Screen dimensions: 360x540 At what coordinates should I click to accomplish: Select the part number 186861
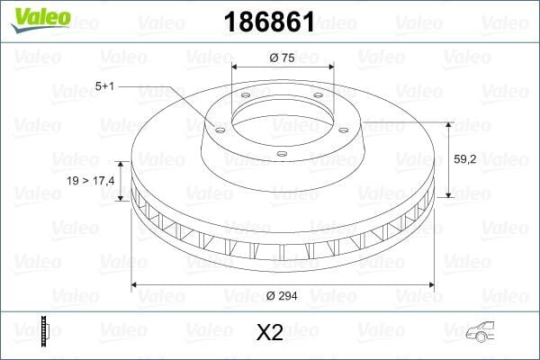[270, 21]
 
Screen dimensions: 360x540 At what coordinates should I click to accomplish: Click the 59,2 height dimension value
[465, 159]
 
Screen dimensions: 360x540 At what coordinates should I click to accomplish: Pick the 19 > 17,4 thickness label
[91, 182]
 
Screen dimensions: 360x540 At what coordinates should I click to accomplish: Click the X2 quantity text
[270, 333]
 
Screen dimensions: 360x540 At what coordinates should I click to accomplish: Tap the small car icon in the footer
[481, 331]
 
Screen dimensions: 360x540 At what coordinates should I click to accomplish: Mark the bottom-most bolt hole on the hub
[280, 155]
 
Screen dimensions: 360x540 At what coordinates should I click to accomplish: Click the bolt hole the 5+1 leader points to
[216, 128]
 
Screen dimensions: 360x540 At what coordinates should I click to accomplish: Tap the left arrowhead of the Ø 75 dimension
[236, 67]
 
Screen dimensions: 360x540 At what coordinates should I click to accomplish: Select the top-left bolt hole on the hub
[243, 99]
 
